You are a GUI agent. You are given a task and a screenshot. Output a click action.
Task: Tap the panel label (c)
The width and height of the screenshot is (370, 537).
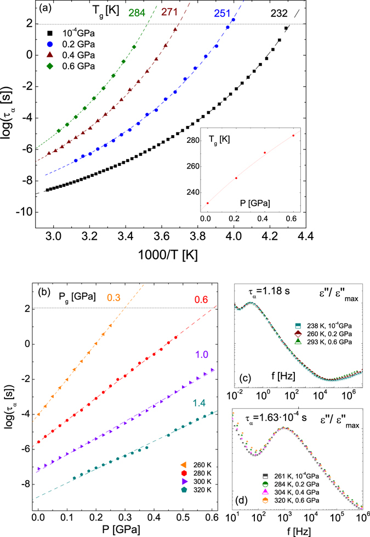[x=247, y=377]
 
